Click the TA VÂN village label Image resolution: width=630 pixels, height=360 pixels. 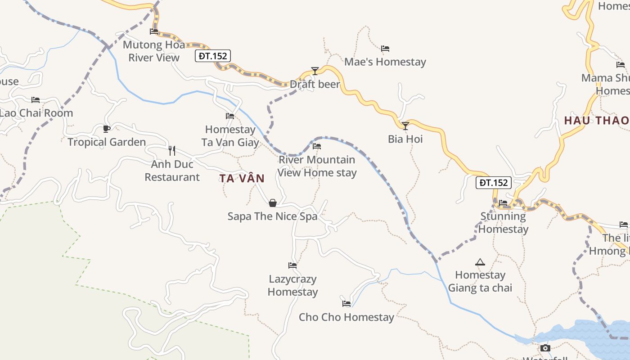(242, 179)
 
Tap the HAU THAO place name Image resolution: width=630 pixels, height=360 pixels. (597, 121)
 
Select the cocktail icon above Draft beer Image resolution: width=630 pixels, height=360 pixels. (315, 71)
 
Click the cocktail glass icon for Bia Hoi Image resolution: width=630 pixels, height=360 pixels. (405, 126)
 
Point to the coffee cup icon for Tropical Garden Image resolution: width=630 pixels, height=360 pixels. (107, 129)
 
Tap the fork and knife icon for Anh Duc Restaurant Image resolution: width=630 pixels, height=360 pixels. (171, 150)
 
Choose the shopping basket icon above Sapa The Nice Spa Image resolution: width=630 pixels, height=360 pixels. (273, 203)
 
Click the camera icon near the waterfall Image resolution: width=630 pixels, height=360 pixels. (545, 348)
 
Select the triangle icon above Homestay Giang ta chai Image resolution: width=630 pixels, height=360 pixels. (480, 262)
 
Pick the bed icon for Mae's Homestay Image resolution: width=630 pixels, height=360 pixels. (385, 49)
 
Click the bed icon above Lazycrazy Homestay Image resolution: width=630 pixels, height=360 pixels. (292, 265)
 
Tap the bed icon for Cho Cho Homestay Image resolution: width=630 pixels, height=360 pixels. (346, 304)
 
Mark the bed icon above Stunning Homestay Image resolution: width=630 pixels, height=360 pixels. (503, 203)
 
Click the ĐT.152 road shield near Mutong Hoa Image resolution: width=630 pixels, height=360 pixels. (213, 56)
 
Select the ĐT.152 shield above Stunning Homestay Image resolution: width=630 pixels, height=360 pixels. (494, 183)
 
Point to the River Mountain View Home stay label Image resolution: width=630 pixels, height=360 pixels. (317, 166)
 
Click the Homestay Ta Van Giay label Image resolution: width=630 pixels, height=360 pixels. (230, 136)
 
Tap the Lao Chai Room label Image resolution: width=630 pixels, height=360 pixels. (36, 113)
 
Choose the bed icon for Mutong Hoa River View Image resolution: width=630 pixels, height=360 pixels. (154, 31)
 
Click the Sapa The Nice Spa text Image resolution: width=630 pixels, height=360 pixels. (272, 216)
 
